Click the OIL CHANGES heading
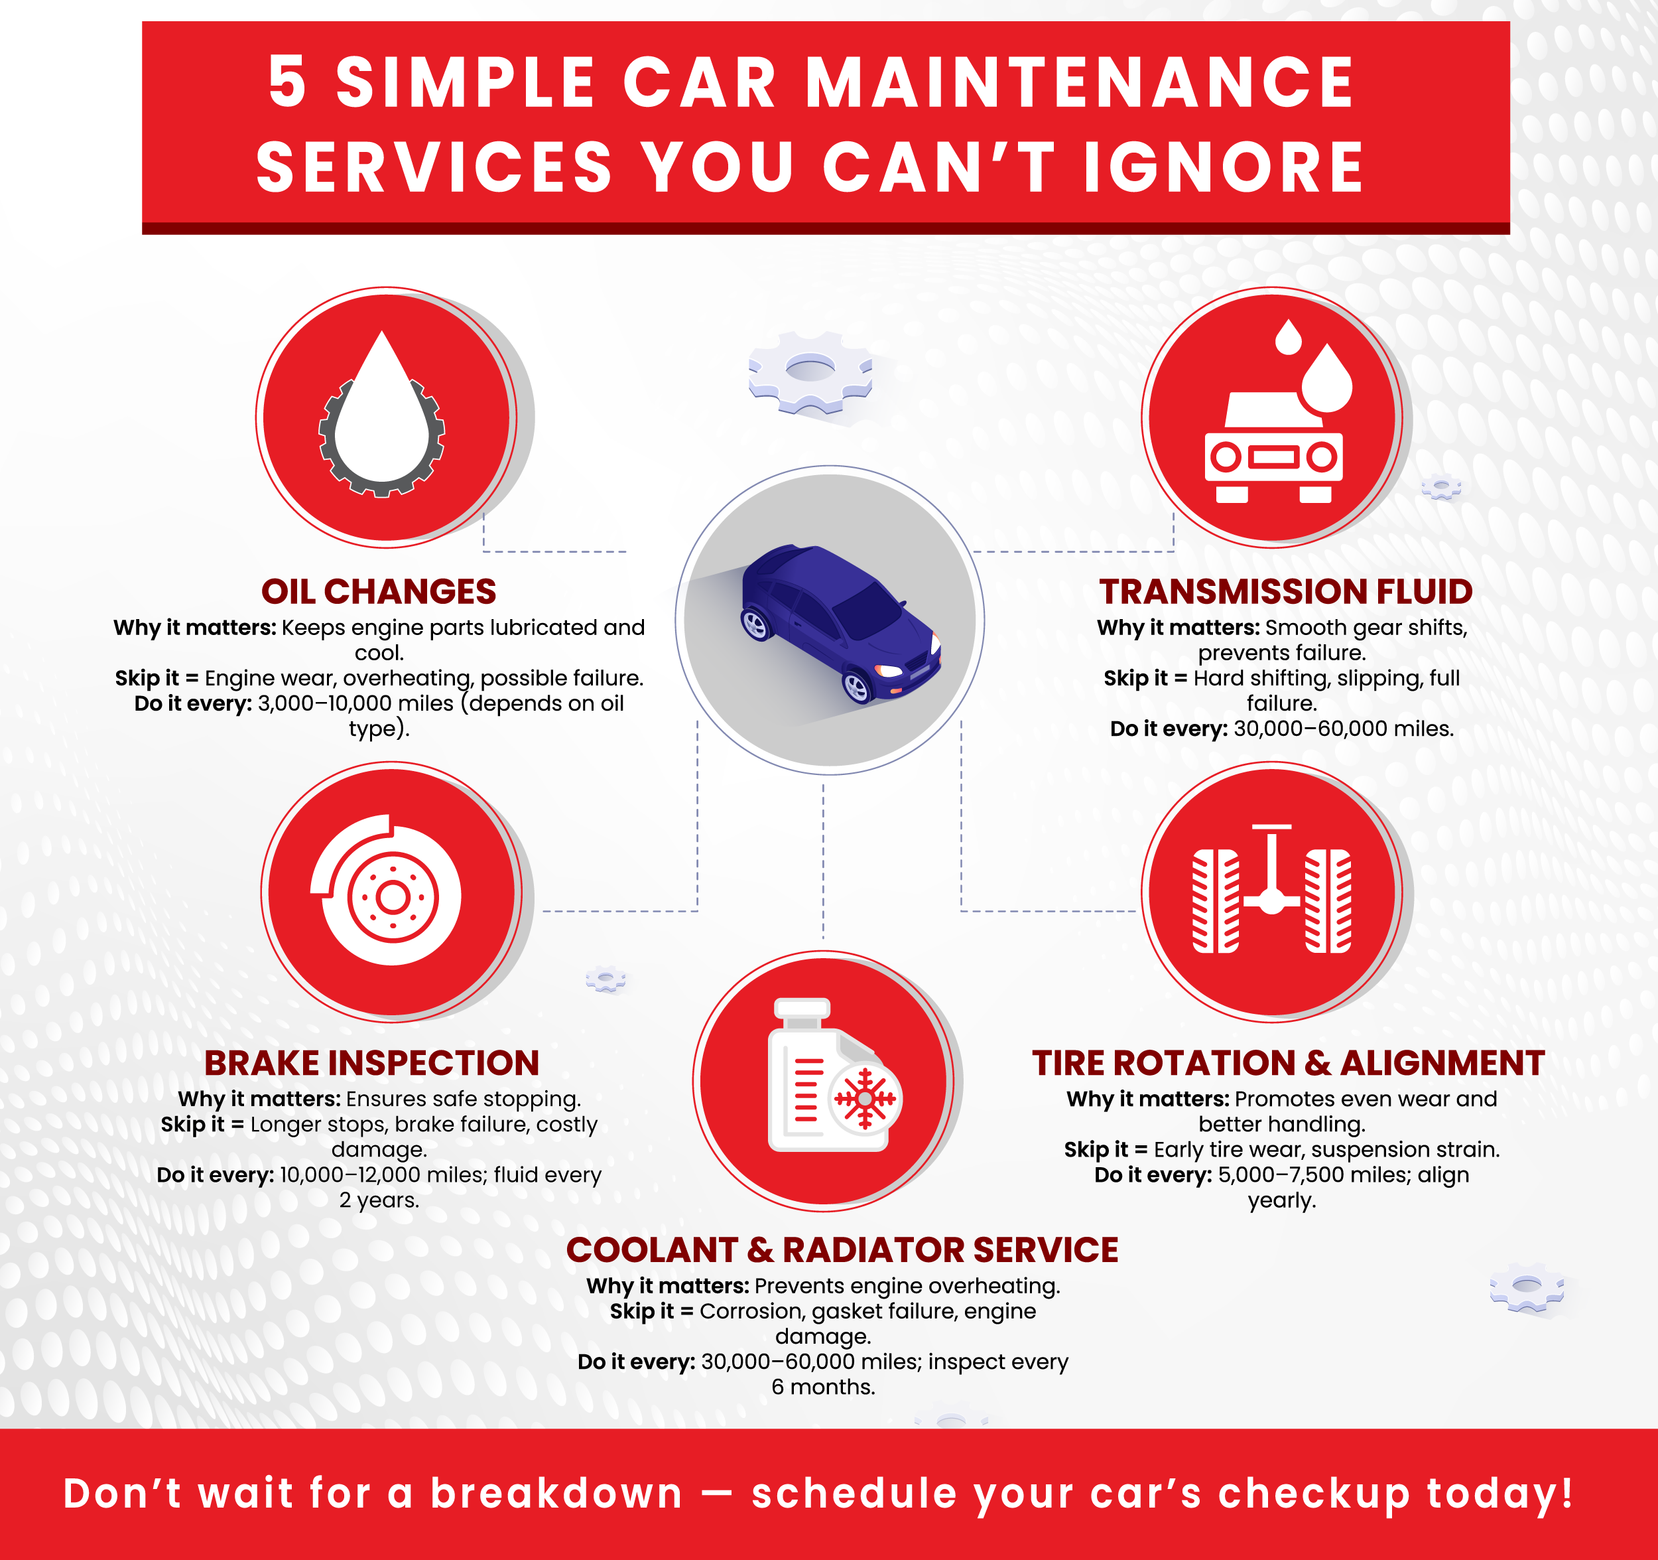pos(379,591)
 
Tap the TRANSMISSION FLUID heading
pos(1285,591)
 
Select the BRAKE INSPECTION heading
pos(372,1063)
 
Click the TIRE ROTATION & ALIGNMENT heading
pos(1289,1063)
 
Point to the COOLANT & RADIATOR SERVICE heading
pos(842,1249)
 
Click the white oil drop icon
pos(382,408)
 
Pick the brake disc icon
pos(386,890)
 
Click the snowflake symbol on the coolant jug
pos(865,1099)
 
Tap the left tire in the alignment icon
pos(1215,901)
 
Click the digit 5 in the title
pos(287,82)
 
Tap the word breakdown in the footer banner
pos(556,1492)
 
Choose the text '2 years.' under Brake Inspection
pos(379,1200)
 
